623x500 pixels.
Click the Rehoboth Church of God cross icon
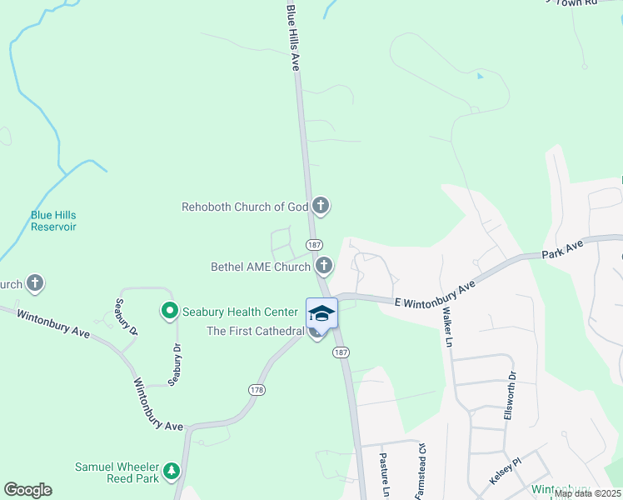tap(321, 206)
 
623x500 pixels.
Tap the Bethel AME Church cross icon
tap(324, 267)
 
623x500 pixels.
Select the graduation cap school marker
tap(321, 313)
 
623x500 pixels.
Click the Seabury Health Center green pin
tap(169, 312)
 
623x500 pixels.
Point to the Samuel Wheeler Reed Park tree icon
tap(172, 472)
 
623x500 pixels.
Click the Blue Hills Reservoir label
tap(53, 220)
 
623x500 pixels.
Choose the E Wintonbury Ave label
tap(434, 292)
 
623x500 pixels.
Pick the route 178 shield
tap(257, 389)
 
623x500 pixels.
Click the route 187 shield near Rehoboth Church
tap(314, 245)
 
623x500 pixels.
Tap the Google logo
tap(27, 490)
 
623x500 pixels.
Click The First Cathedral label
tap(255, 331)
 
